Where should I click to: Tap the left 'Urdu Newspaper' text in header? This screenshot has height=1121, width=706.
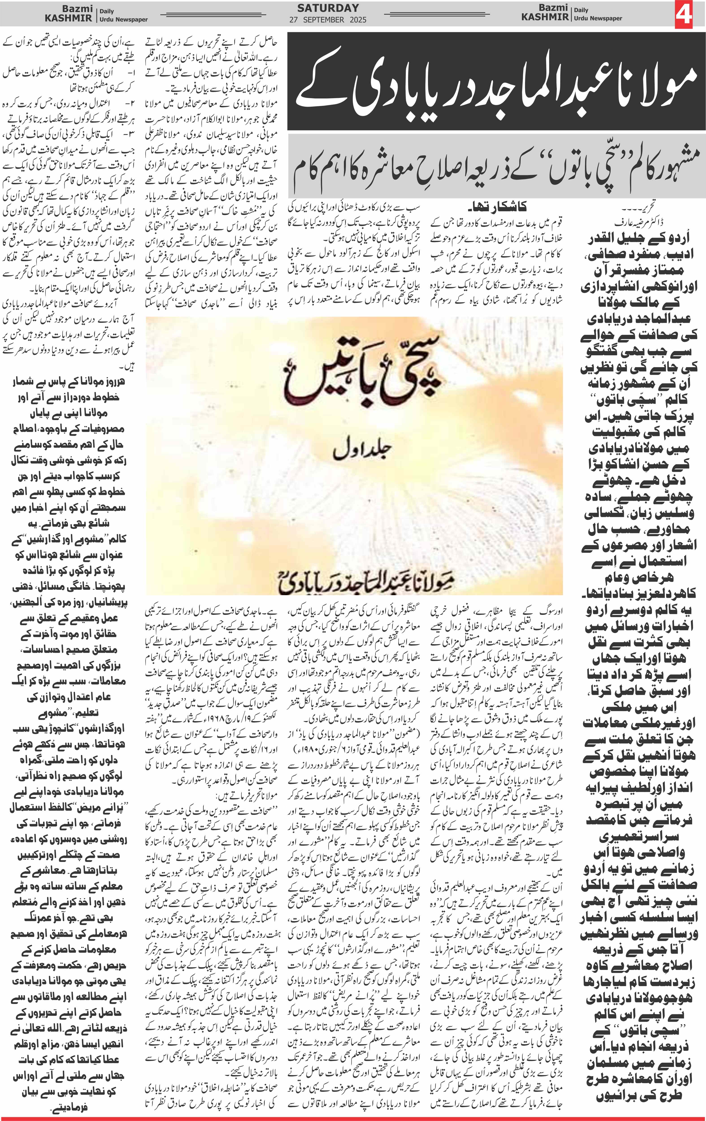[123, 20]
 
